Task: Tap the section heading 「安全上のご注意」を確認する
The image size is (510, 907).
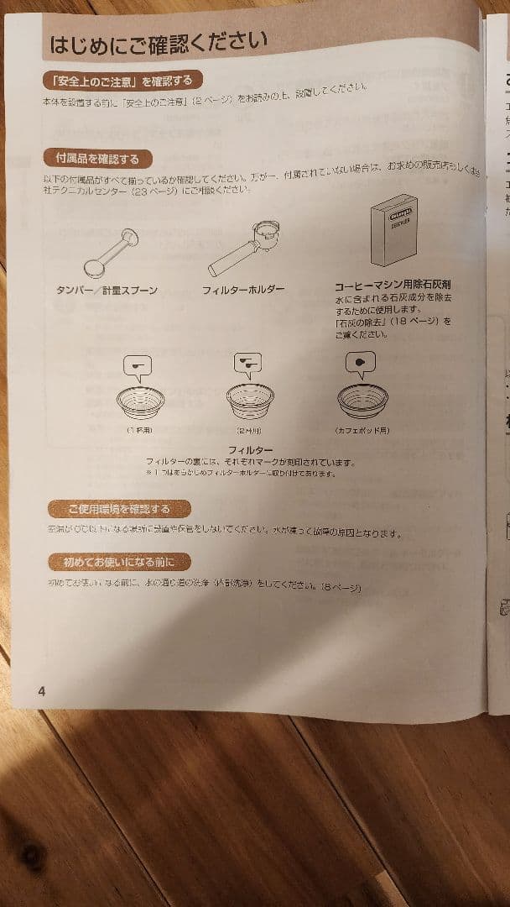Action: (122, 81)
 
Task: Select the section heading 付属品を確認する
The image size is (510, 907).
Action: (97, 158)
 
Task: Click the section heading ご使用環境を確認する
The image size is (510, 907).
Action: (119, 509)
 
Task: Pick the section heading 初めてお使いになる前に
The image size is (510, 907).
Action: (118, 562)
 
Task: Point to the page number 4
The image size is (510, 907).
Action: (40, 691)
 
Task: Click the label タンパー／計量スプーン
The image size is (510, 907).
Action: (107, 291)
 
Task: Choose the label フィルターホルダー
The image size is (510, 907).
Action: (243, 291)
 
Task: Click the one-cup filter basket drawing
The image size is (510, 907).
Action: (140, 401)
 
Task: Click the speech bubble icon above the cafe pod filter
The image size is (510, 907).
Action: (361, 362)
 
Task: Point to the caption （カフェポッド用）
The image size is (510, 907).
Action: (362, 430)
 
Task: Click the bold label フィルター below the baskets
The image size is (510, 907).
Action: (250, 450)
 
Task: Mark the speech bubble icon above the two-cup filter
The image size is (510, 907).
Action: (247, 362)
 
